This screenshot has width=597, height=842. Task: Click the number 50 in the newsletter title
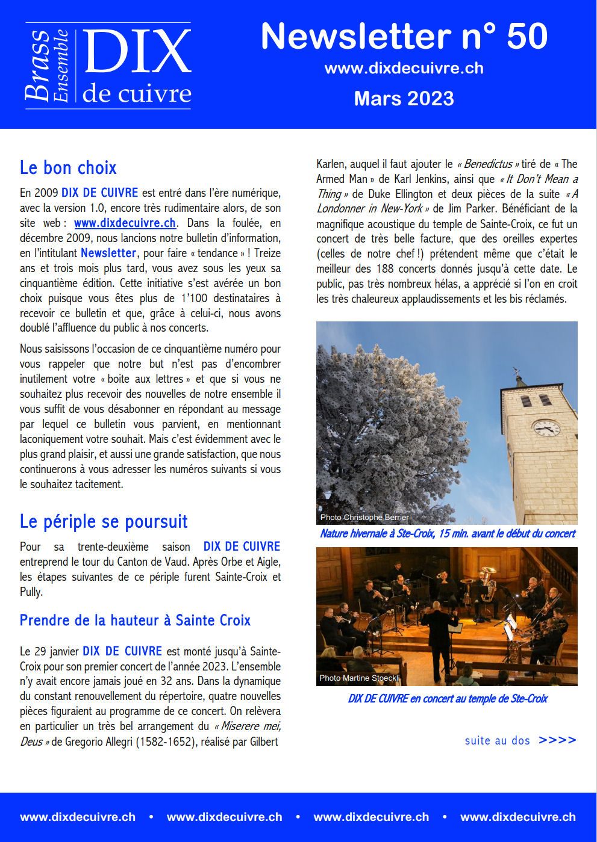(527, 36)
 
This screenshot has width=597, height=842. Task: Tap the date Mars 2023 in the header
(404, 98)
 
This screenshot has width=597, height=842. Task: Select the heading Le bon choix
(68, 167)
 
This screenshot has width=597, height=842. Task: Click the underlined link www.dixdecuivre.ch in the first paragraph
(125, 223)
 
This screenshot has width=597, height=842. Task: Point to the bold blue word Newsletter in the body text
(108, 253)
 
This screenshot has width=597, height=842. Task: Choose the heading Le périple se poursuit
(104, 521)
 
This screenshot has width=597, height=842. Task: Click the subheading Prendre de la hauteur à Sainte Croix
(135, 620)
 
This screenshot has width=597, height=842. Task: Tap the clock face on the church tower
(546, 427)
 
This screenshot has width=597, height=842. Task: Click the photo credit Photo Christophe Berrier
(364, 518)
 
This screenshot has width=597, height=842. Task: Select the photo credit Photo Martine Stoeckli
(359, 678)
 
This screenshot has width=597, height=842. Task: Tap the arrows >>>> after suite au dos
(557, 740)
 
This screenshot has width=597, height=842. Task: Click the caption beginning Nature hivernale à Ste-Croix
(447, 534)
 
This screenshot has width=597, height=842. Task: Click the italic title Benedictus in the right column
(488, 164)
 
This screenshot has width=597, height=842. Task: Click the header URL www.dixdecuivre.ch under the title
(404, 68)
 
